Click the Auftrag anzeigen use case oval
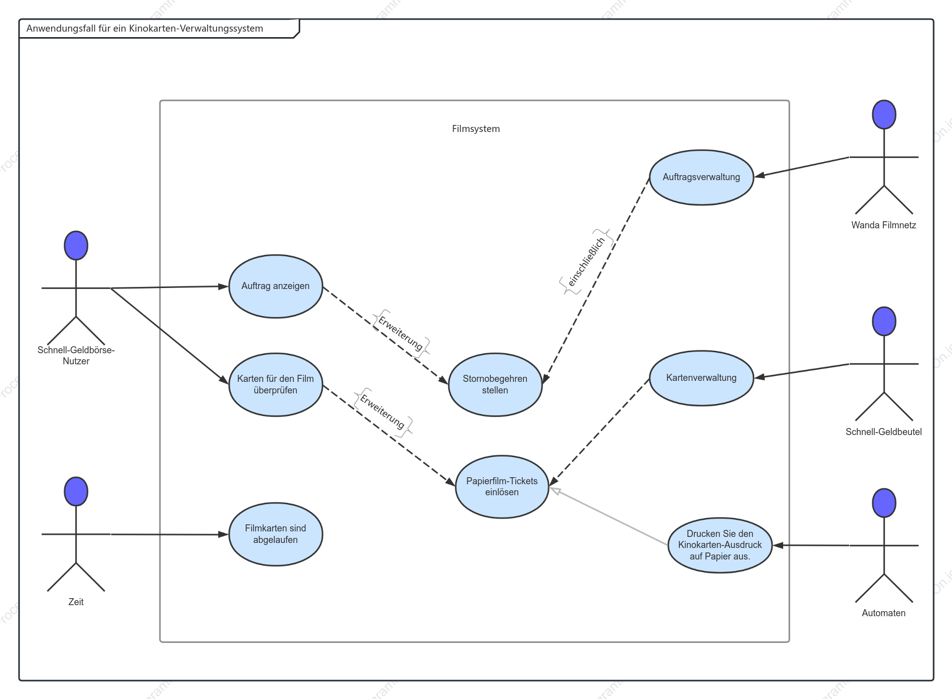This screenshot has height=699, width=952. (x=276, y=286)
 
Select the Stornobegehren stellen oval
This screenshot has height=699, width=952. (x=495, y=384)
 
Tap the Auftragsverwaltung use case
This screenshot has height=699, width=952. (x=701, y=177)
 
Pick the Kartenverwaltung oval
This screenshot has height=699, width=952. (x=701, y=378)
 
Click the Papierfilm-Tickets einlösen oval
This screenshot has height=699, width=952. (x=502, y=487)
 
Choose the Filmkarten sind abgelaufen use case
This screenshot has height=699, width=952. (x=276, y=534)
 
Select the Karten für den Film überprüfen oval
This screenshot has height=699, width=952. (x=276, y=384)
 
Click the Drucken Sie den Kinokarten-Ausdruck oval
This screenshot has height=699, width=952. (x=720, y=545)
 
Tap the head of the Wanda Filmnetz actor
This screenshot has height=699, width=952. (x=884, y=114)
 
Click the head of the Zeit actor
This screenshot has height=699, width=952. (x=76, y=491)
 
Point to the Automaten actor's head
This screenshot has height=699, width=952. (x=884, y=503)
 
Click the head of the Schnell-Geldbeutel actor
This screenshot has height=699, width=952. (x=884, y=321)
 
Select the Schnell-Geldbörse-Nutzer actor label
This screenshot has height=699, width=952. (x=76, y=355)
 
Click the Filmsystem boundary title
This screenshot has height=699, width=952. (x=476, y=129)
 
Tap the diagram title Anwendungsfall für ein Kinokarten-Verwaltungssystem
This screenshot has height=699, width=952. (x=144, y=29)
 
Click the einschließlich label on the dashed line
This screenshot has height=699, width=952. (x=587, y=261)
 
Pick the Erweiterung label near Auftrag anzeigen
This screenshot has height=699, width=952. (x=401, y=333)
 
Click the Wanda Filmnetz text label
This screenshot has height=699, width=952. (x=883, y=225)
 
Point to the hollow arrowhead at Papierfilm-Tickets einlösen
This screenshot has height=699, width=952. (x=555, y=490)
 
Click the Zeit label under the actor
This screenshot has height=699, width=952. (x=76, y=602)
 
